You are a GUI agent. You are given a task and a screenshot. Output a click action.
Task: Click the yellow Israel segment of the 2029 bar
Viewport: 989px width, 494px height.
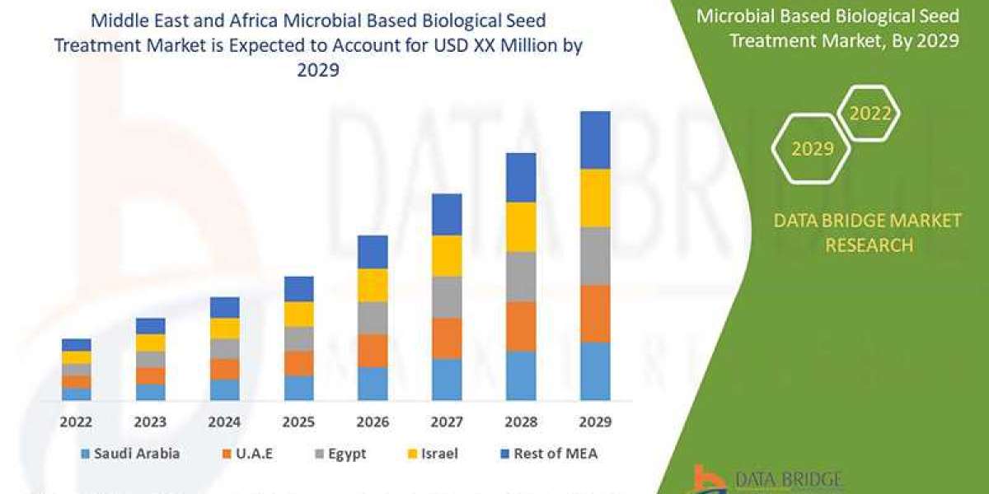(595, 198)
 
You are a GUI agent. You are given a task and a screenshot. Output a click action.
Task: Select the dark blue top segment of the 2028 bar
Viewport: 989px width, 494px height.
(521, 177)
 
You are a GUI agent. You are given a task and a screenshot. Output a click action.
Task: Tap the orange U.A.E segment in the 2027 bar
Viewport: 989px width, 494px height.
(447, 338)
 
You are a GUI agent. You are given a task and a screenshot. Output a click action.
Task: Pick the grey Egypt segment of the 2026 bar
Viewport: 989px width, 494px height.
(373, 318)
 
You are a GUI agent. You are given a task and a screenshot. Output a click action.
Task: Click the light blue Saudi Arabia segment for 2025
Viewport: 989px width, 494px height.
(298, 388)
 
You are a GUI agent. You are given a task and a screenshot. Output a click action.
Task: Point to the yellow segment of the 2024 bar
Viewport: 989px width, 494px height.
(224, 329)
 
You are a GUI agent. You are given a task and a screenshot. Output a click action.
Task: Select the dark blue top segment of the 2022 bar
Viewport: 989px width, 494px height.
(77, 345)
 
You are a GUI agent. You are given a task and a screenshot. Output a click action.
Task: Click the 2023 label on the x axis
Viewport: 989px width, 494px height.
(151, 422)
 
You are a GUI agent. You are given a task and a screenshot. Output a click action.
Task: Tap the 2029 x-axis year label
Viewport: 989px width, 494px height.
(595, 422)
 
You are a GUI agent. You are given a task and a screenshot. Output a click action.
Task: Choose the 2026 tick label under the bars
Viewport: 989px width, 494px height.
(373, 422)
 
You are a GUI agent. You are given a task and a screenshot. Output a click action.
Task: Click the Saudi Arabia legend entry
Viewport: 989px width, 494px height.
(130, 453)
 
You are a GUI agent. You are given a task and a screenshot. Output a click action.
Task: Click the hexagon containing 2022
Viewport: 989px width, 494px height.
(869, 114)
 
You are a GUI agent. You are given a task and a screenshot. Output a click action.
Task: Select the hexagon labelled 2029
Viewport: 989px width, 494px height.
(811, 149)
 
